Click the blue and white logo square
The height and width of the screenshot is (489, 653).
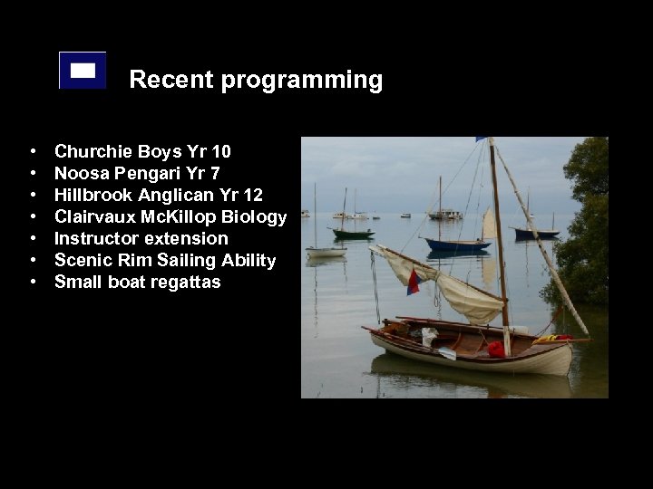[83, 70]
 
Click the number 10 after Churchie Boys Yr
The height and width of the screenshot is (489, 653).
[220, 151]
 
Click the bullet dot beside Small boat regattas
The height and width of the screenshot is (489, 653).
[33, 282]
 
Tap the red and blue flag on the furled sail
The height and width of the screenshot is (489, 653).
[414, 283]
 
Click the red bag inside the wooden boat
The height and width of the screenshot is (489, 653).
[496, 349]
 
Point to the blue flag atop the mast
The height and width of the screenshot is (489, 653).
[482, 139]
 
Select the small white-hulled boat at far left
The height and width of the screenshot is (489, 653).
[326, 253]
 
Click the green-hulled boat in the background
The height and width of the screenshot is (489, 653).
[353, 234]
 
